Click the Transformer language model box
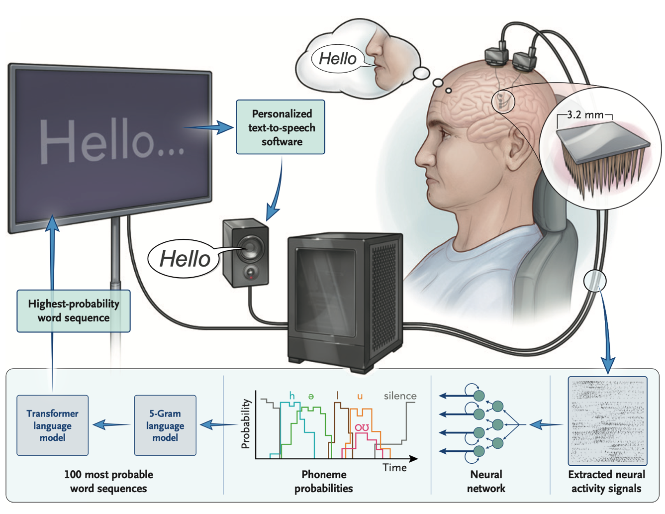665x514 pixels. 52,425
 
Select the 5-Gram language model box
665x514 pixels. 165,425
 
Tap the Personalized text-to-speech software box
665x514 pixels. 281,127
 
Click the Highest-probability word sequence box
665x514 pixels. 74,311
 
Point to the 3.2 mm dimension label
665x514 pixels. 585,115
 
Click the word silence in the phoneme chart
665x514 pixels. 400,396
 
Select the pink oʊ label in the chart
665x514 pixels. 362,427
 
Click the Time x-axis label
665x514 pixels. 394,468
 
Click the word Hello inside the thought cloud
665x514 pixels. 338,59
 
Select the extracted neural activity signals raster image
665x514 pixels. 607,421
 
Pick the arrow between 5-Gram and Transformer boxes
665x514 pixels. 111,425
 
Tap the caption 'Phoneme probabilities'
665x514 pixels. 323,481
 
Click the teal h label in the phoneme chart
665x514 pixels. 292,396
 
